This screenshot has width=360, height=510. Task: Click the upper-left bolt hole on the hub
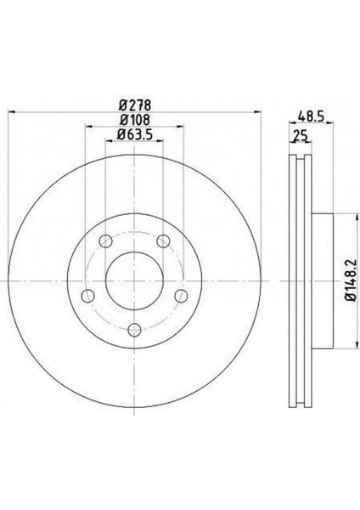104,242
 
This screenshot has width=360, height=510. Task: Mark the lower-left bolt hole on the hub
86,297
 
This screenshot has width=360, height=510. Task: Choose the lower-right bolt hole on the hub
181,297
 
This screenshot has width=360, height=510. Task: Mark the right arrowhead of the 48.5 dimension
328,127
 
